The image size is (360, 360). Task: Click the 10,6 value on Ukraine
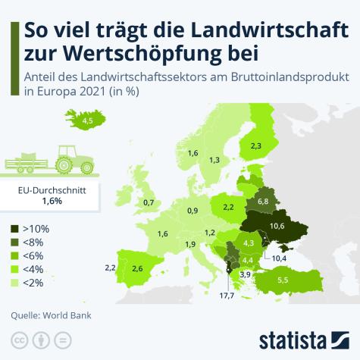pos(276,226)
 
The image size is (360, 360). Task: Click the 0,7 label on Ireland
pos(149,202)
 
